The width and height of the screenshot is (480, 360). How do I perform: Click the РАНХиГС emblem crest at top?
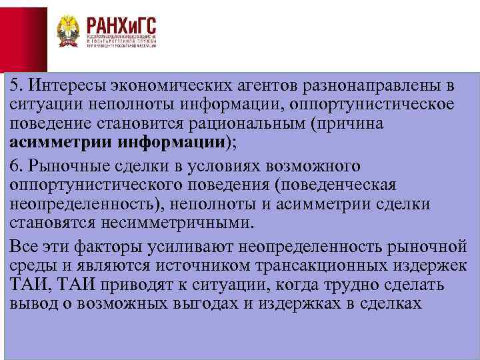click(68, 31)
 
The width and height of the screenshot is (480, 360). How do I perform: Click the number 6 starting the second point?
click(15, 165)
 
